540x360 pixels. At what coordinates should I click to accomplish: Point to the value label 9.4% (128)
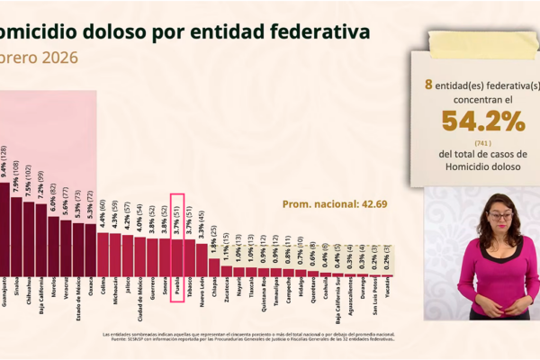(4, 161)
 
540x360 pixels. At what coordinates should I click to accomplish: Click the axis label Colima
(103, 288)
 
